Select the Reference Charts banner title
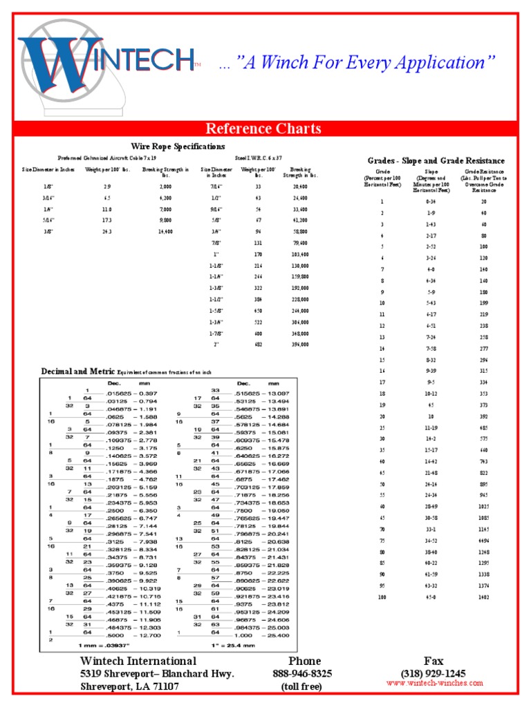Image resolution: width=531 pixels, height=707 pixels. (x=263, y=128)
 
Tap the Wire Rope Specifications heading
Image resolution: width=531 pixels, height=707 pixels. (x=178, y=146)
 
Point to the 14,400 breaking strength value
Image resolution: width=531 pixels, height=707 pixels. (x=165, y=232)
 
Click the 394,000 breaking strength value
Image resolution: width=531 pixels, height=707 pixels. (x=300, y=344)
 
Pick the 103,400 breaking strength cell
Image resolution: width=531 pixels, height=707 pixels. (x=300, y=254)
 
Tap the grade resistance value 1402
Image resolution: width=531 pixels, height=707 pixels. (x=483, y=596)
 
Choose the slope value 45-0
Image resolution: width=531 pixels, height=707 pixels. (x=431, y=596)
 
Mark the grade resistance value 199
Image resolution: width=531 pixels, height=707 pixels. (x=483, y=303)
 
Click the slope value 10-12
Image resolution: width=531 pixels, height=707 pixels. (x=431, y=394)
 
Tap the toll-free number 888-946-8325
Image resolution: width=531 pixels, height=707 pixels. (x=302, y=673)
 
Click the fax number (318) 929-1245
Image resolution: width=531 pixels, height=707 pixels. (x=433, y=673)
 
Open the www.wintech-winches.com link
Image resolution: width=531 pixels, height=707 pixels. (x=435, y=683)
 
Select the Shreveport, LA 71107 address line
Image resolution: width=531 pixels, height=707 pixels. (x=129, y=686)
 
